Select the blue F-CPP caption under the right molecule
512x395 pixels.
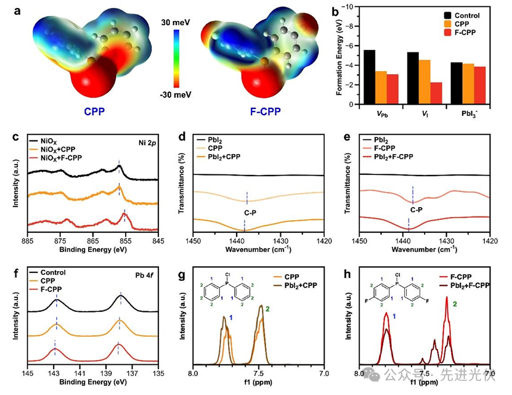pyautogui.click(x=267, y=114)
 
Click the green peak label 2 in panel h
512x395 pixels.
pyautogui.click(x=455, y=287)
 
